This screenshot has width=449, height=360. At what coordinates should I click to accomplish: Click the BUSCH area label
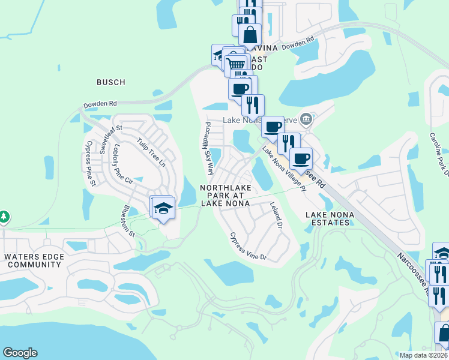110,82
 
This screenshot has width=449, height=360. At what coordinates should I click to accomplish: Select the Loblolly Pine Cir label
120,163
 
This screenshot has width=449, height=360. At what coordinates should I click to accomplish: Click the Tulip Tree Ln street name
150,152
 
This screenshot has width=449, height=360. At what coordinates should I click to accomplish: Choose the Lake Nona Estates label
327,218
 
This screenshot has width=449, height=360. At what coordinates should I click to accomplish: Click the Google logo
20,353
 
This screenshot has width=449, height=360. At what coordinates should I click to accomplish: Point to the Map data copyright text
423,355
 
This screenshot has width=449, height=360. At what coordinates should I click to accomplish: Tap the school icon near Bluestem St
163,208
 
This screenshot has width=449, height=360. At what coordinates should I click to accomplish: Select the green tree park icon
4,215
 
